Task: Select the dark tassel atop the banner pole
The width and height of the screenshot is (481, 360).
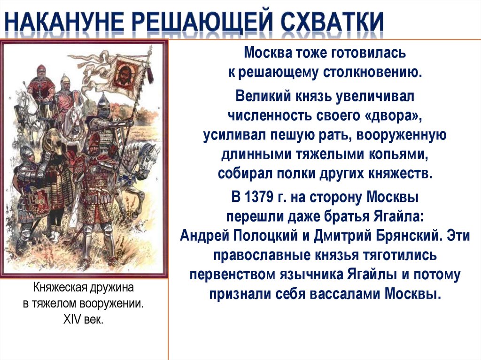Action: point(151,73)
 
